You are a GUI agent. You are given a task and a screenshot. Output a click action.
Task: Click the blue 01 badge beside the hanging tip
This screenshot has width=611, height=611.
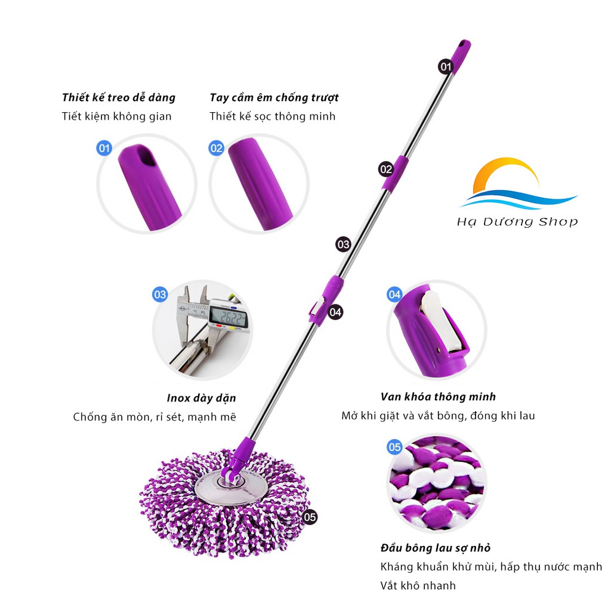[104, 147]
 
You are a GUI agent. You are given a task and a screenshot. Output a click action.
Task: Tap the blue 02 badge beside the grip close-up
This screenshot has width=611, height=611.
[216, 147]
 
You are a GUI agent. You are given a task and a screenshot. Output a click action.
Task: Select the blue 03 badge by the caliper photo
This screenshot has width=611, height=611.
[160, 294]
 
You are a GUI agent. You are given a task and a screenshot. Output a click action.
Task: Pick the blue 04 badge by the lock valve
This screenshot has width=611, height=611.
[394, 294]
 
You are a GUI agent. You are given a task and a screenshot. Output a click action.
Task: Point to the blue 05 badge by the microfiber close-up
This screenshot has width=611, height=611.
[394, 447]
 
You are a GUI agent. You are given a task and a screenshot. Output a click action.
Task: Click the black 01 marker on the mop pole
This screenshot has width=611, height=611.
[446, 67]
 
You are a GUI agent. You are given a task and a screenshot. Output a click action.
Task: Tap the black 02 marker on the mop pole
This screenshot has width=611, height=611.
[386, 169]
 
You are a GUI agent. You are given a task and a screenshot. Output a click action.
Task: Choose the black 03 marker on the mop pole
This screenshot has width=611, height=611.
[343, 244]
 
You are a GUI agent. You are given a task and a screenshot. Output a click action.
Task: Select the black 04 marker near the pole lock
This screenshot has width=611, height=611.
[335, 311]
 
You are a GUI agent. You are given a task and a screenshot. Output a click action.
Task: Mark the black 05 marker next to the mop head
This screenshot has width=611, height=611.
[310, 517]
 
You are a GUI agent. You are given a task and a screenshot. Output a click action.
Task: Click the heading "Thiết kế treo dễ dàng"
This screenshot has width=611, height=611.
[119, 97]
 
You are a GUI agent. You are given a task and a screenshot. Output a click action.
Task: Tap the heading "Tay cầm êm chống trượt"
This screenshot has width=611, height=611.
[274, 97]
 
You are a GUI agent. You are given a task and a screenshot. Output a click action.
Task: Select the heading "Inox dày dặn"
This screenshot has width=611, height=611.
[201, 398]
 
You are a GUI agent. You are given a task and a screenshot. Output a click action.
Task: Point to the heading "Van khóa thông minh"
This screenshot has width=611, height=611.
[438, 397]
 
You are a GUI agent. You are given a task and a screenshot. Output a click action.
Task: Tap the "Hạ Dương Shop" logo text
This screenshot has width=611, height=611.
[517, 222]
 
